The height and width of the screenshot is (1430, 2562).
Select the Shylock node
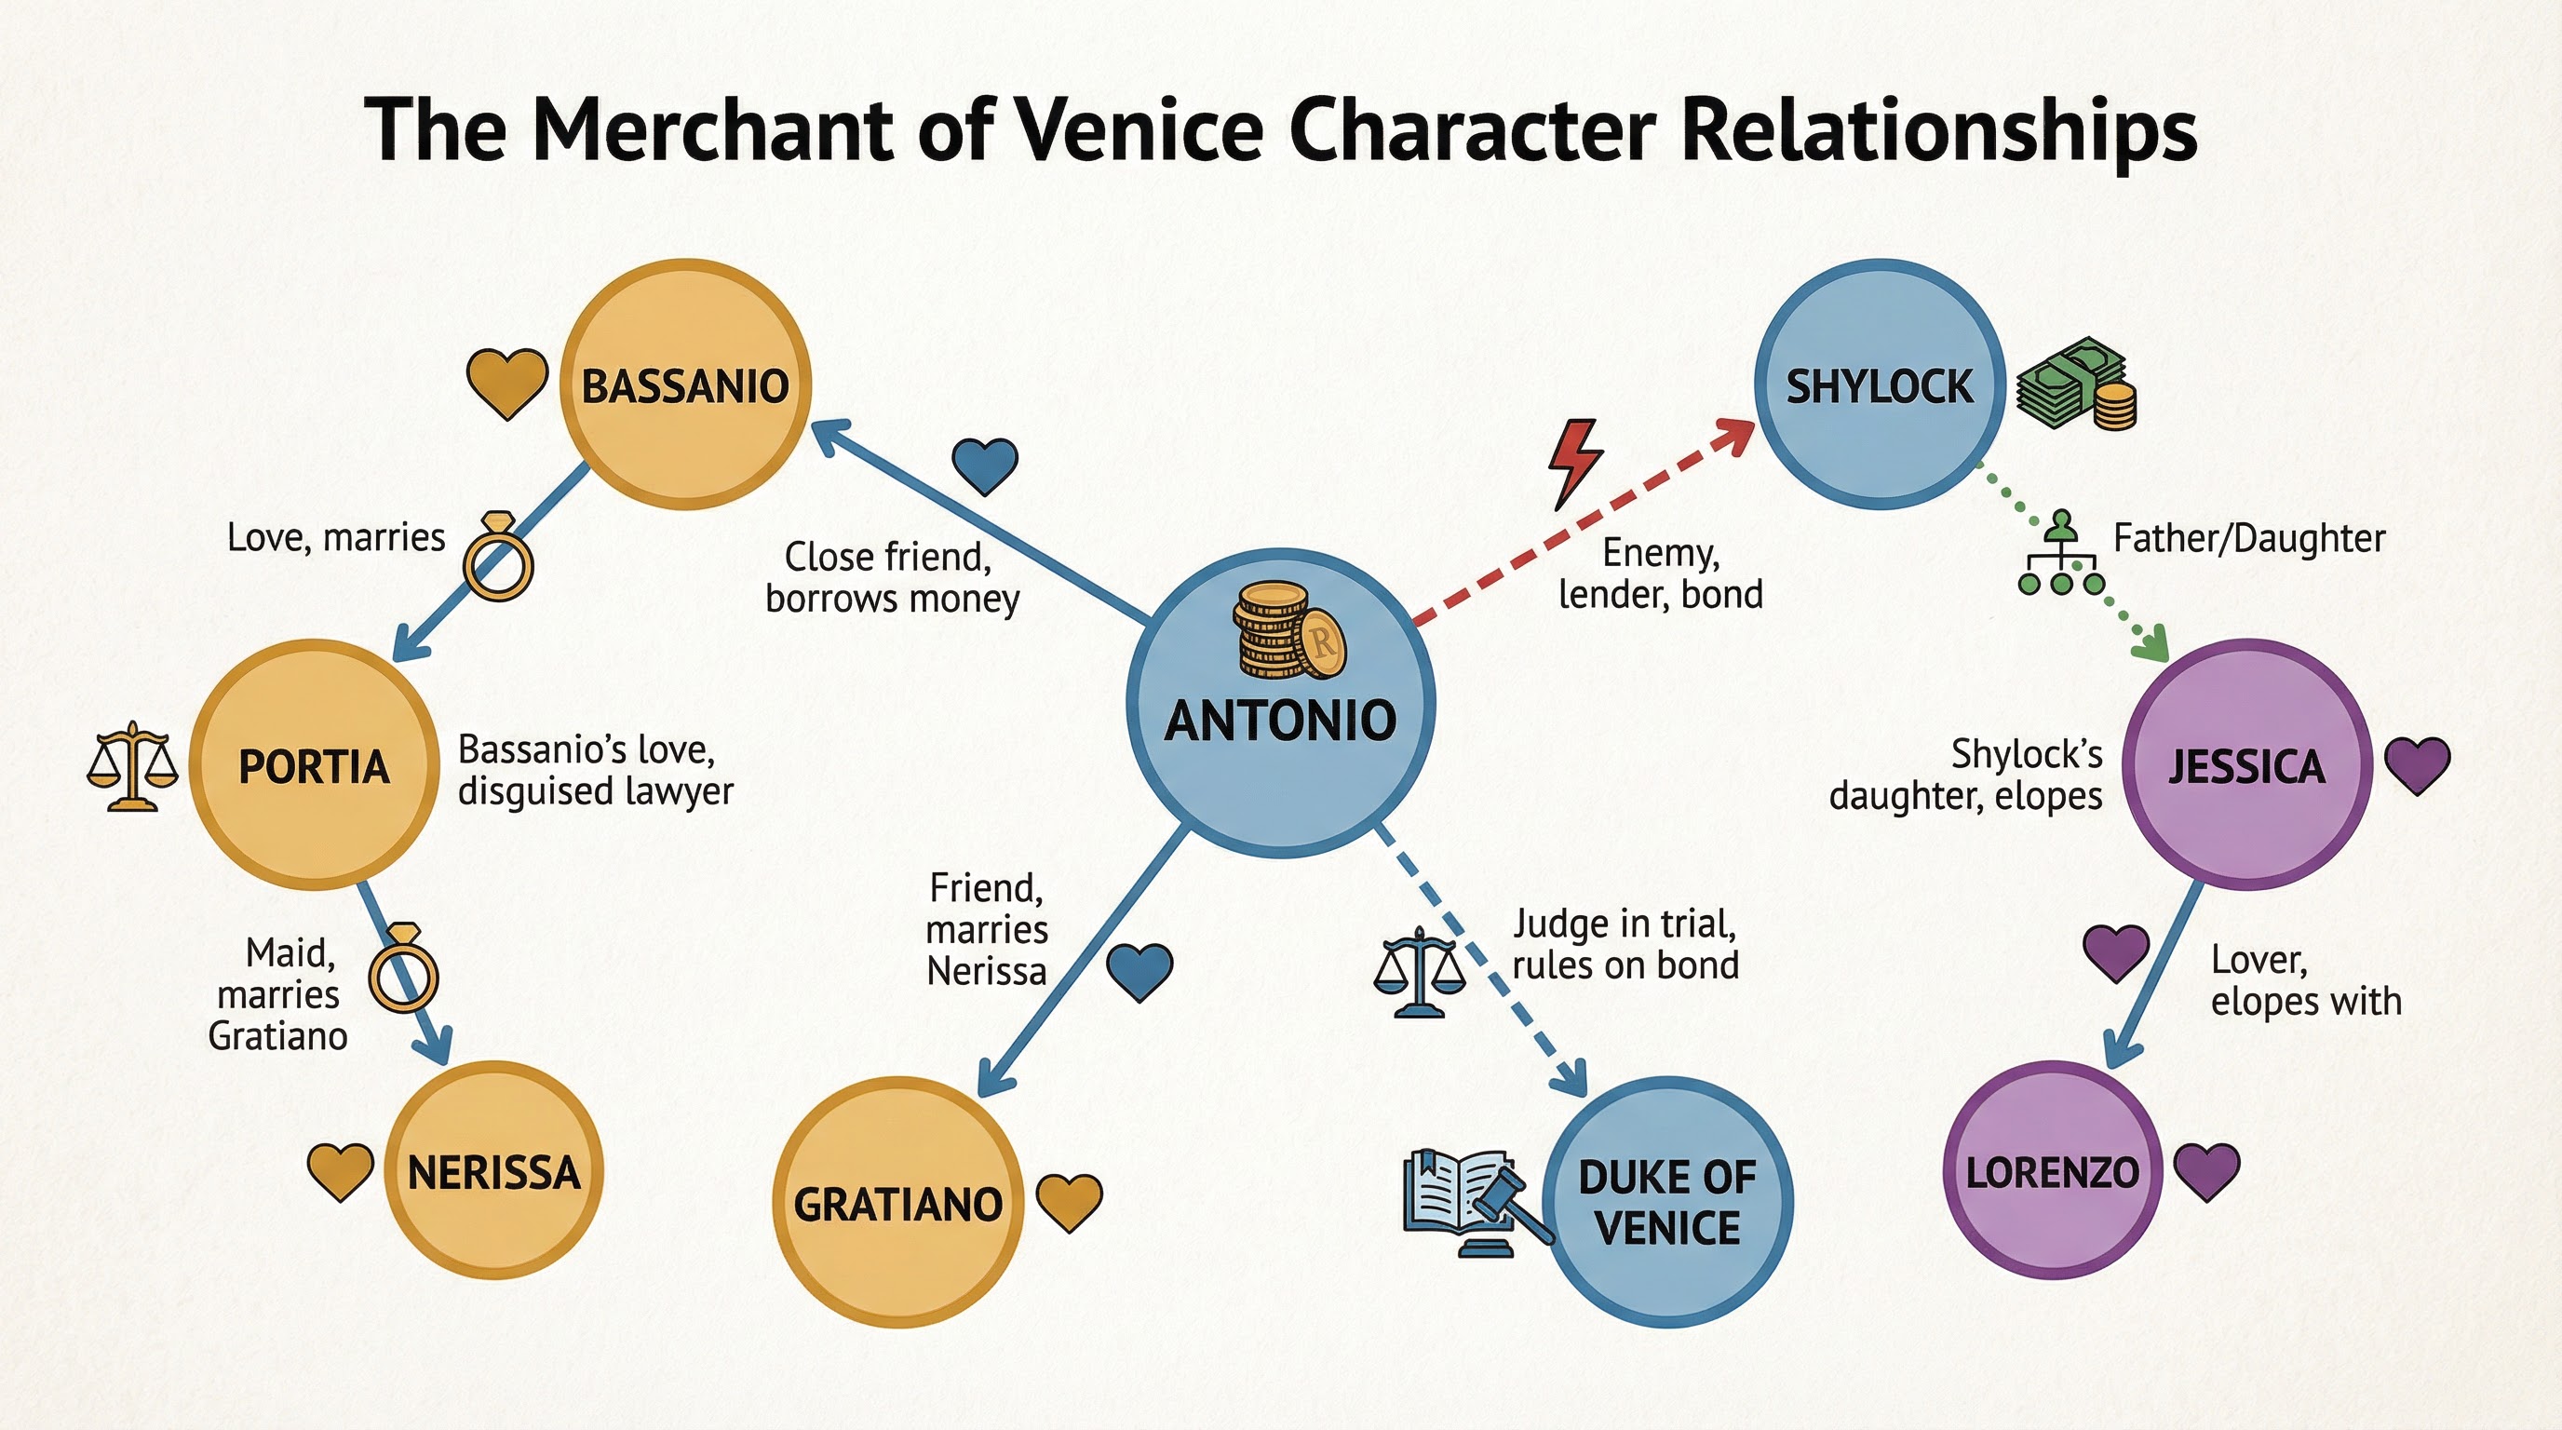click(1880, 384)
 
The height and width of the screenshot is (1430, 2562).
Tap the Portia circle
click(315, 764)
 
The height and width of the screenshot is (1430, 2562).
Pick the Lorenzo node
click(2052, 1170)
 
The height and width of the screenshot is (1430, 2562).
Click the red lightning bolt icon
click(1574, 463)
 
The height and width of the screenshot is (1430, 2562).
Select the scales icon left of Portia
click(131, 767)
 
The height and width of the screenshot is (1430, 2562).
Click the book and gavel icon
click(1472, 1203)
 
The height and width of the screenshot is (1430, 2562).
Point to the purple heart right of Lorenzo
click(2206, 1170)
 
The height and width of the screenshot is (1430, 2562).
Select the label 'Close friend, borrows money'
click(891, 578)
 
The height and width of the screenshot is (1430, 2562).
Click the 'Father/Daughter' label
click(2248, 538)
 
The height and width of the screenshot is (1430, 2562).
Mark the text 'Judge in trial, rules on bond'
click(1625, 944)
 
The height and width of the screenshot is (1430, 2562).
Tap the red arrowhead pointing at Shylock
click(1735, 436)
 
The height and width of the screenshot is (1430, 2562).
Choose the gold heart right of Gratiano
click(1069, 1201)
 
